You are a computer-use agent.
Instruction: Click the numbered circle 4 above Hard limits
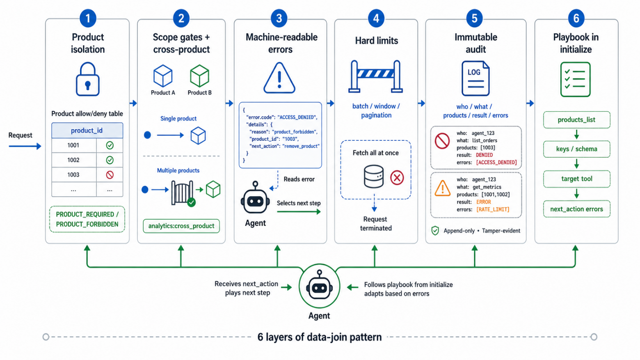[376, 18]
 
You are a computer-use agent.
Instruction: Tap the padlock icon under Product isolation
[88, 79]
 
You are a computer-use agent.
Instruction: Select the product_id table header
[87, 131]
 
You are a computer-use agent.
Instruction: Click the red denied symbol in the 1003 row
[110, 175]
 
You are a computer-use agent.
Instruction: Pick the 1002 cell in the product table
[73, 160]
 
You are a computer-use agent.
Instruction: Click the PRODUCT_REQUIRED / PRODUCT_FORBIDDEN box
[87, 219]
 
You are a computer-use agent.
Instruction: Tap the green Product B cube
[199, 76]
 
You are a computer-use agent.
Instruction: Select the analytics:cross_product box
[181, 226]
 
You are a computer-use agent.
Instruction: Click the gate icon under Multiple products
[182, 193]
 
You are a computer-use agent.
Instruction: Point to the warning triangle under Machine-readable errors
[279, 78]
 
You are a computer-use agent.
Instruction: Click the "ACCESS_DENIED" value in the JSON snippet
[297, 117]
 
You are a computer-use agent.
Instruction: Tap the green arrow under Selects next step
[299, 211]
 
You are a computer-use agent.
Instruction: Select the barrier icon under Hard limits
[376, 76]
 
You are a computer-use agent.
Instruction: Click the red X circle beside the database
[397, 178]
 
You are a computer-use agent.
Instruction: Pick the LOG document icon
[475, 78]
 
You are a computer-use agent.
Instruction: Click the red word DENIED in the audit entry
[484, 155]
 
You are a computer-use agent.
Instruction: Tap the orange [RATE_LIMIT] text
[493, 210]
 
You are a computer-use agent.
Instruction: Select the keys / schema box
[576, 149]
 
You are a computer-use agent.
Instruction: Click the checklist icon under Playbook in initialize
[576, 79]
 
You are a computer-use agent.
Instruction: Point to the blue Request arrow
[25, 147]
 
